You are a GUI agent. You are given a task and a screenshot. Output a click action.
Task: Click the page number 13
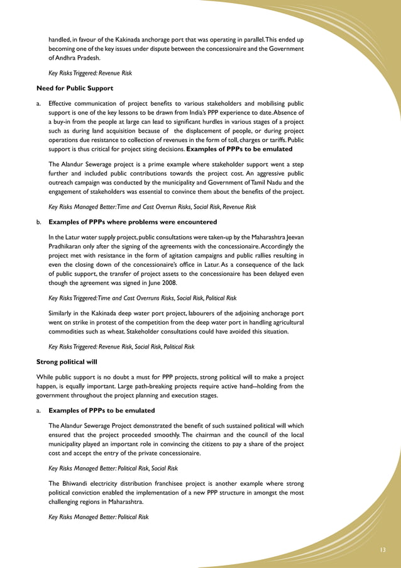(382, 550)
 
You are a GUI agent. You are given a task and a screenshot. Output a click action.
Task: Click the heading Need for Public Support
(75, 88)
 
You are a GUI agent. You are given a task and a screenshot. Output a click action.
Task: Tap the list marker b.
(39, 222)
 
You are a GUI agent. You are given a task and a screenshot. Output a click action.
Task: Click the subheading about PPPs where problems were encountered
(132, 222)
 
